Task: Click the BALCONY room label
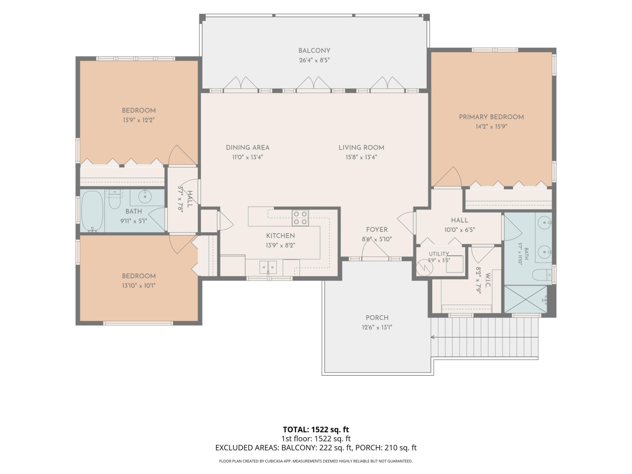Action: pos(314,50)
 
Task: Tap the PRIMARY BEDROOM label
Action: pos(491,117)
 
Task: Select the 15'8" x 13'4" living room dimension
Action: pos(361,157)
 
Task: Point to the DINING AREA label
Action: pos(248,147)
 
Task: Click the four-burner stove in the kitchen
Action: pos(300,218)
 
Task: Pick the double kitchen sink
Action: pos(268,267)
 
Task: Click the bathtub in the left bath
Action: pos(92,212)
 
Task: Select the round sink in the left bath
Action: pos(145,197)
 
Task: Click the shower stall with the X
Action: pos(526,299)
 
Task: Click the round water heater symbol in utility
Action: pos(425,268)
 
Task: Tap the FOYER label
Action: pos(377,230)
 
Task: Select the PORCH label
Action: pos(377,318)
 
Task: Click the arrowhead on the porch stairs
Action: pos(432,338)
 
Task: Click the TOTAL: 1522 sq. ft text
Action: pos(316,430)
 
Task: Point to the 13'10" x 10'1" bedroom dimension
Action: pos(139,286)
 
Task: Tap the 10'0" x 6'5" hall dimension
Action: pos(459,230)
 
